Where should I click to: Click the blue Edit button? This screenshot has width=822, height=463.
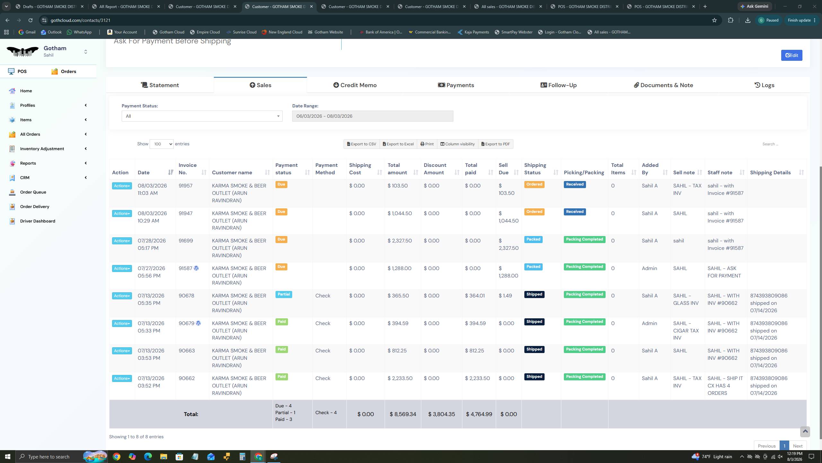tap(791, 55)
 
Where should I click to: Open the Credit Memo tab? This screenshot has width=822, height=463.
tap(355, 85)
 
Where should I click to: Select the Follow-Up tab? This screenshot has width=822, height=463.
tap(558, 85)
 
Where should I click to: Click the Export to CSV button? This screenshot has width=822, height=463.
tap(362, 144)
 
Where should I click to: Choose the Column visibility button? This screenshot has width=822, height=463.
tap(458, 144)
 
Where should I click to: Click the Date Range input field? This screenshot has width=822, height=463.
tap(372, 116)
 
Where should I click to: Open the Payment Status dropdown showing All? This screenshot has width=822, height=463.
tap(202, 116)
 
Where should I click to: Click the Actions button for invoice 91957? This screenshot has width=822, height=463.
tap(122, 186)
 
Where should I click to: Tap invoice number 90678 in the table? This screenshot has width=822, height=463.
tap(187, 296)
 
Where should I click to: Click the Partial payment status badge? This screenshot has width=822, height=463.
tap(284, 294)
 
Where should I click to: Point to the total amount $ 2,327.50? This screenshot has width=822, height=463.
tap(399, 241)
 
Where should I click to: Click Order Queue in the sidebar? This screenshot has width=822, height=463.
tap(33, 192)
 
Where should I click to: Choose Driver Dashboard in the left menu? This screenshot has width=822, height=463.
tap(38, 221)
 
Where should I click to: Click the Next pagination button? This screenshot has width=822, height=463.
tap(798, 446)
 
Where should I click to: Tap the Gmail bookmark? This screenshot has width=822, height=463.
tap(27, 32)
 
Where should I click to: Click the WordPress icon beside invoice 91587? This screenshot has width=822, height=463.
tap(196, 268)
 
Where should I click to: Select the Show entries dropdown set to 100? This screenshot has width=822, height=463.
tap(162, 144)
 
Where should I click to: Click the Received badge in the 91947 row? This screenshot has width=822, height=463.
tap(575, 212)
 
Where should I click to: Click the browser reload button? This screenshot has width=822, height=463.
tap(31, 20)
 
